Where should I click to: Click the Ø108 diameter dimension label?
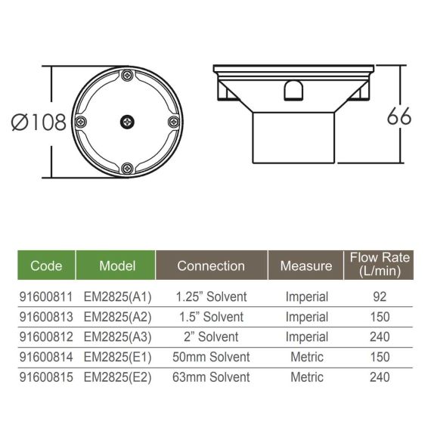(39, 122)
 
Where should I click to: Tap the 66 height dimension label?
(399, 116)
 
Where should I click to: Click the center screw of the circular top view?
(127, 122)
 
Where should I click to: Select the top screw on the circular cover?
(127, 75)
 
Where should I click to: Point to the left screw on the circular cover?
(81, 122)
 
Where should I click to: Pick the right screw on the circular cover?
(174, 122)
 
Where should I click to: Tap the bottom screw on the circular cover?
(127, 168)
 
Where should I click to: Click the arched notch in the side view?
(293, 90)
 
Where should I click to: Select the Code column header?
(46, 265)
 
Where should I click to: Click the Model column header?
(117, 265)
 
